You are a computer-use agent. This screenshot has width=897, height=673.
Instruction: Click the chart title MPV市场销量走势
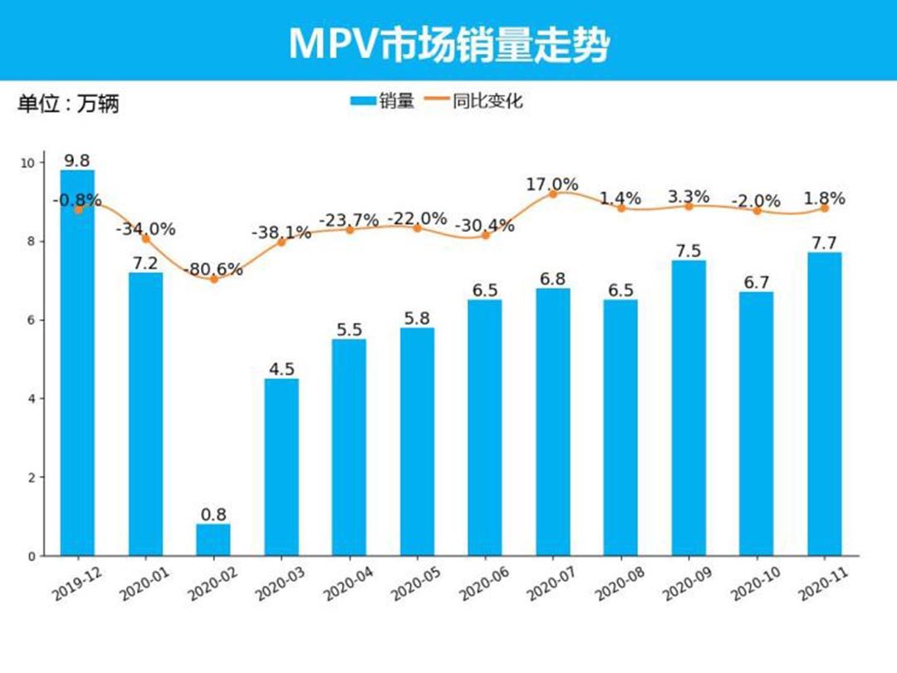click(448, 43)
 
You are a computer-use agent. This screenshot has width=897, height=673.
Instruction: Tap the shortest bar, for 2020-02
click(213, 539)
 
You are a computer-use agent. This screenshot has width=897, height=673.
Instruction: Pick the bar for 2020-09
click(689, 407)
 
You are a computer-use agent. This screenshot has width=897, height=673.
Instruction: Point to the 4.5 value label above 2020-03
click(282, 368)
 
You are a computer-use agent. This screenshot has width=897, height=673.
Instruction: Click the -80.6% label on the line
click(214, 268)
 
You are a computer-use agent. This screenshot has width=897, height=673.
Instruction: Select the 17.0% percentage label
click(552, 184)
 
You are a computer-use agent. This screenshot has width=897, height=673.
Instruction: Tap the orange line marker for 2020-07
click(553, 194)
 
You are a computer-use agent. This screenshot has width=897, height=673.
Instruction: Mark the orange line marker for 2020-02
click(213, 279)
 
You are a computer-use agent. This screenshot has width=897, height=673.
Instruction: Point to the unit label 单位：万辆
click(69, 104)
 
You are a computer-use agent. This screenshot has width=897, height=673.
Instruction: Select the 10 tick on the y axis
click(28, 163)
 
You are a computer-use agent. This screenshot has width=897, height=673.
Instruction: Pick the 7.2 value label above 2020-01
click(145, 262)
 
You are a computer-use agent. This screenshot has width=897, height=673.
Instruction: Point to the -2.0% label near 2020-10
click(756, 201)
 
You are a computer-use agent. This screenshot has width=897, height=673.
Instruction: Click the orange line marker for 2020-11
click(825, 209)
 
